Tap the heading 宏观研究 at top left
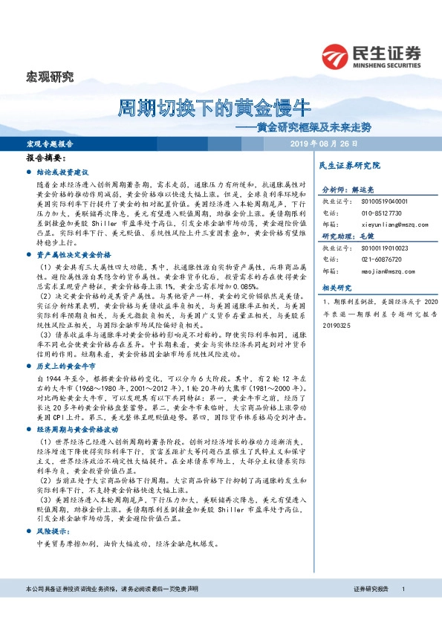pos(50,76)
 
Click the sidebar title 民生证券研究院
pos(349,164)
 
